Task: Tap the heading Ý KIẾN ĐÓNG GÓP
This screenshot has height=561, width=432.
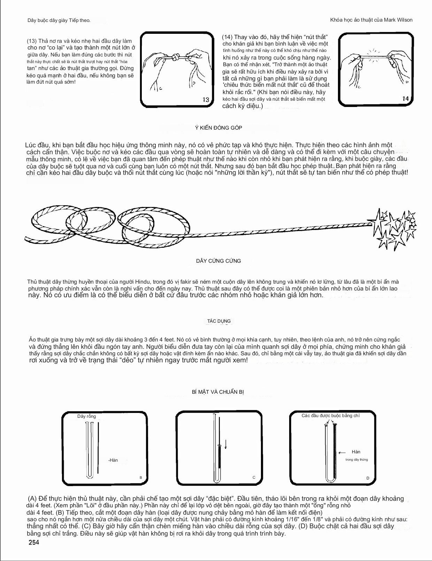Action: (x=218, y=128)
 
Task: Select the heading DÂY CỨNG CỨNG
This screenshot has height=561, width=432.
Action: (x=218, y=261)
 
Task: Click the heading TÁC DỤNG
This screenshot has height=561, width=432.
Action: (x=219, y=321)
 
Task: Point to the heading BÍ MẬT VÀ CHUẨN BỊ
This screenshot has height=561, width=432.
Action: (x=218, y=392)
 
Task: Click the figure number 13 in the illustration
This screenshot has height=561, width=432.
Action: (x=206, y=100)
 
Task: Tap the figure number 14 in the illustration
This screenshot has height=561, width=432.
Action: (x=405, y=99)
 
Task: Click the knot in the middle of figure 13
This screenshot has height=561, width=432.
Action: (x=177, y=57)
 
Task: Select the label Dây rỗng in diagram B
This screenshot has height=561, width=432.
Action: (x=86, y=416)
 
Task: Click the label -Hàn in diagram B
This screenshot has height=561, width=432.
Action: (x=113, y=460)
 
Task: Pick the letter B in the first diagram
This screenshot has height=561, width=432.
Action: (x=141, y=478)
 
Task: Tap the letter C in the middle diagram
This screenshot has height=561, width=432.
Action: (x=254, y=478)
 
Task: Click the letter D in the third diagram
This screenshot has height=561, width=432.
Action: (x=368, y=478)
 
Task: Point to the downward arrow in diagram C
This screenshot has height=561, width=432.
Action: (x=226, y=444)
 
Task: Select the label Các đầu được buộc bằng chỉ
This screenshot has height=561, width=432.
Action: (x=330, y=416)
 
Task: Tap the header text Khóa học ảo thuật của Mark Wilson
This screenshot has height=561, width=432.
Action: (x=371, y=20)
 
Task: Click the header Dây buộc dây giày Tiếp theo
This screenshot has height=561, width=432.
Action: (x=59, y=21)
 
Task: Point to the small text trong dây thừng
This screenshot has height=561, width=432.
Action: (x=356, y=460)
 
